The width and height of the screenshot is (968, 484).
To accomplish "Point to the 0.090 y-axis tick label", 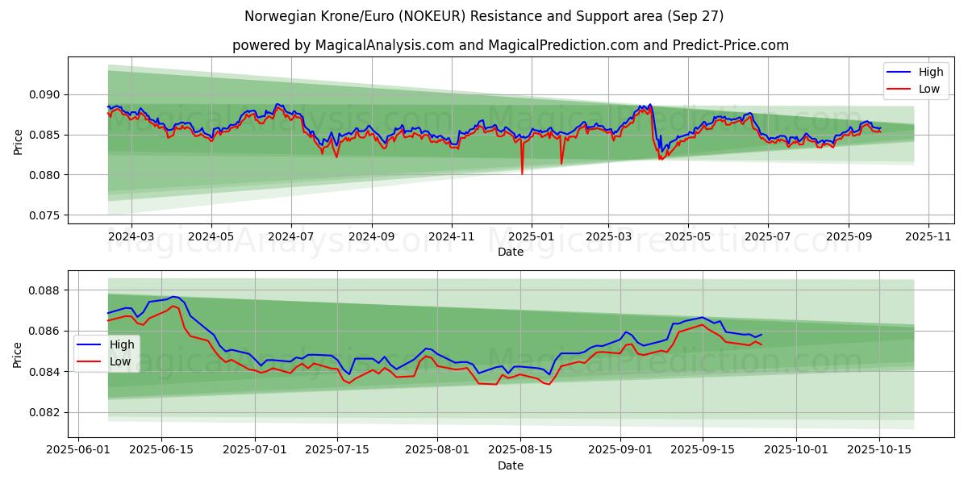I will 44,94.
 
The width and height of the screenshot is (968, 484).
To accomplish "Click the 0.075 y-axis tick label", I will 44,215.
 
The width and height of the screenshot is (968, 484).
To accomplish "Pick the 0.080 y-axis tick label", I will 44,175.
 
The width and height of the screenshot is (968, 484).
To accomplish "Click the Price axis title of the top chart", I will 18,140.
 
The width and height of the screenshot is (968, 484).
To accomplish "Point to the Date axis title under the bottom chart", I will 510,465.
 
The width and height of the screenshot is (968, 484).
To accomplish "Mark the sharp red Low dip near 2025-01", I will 522,173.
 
